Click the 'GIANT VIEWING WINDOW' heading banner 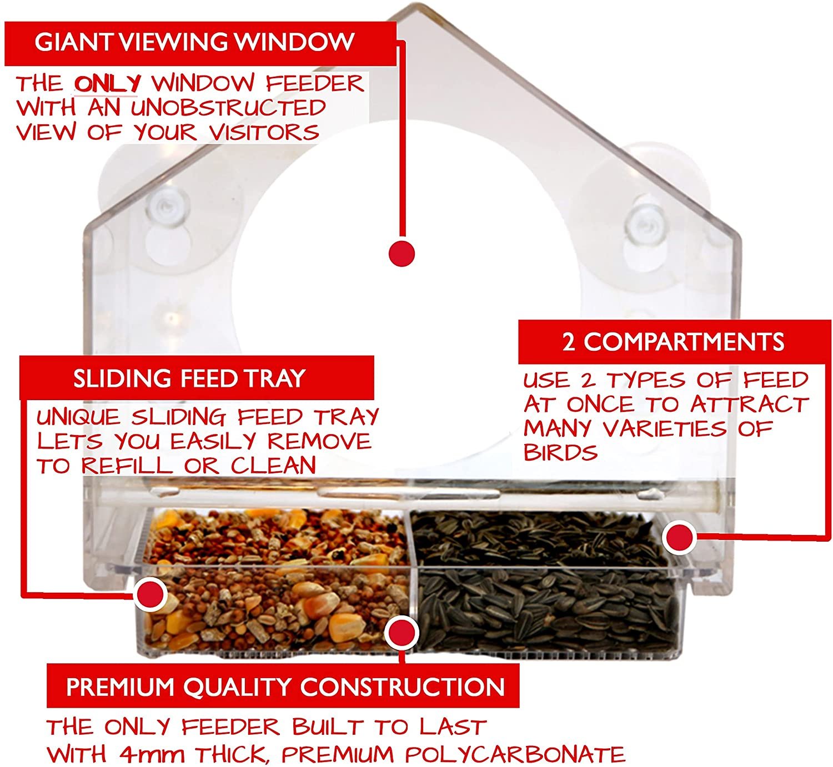[x=200, y=43]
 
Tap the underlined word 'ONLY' [x=107, y=83]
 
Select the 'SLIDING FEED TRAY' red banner [x=197, y=378]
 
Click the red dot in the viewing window [x=402, y=253]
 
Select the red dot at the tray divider [x=401, y=632]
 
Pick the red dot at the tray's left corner [x=150, y=594]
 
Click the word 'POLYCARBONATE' [x=515, y=753]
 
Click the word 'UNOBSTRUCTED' [x=228, y=108]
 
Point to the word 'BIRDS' [x=560, y=452]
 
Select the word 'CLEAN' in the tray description [x=273, y=465]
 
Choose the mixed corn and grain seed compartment [x=274, y=581]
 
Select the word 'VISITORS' [x=264, y=133]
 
